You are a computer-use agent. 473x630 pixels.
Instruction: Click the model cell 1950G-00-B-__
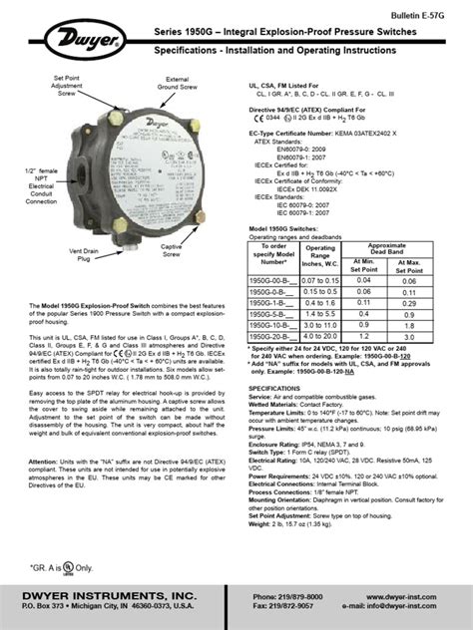[x=272, y=282]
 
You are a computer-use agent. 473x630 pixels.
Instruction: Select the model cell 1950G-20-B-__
[x=272, y=336]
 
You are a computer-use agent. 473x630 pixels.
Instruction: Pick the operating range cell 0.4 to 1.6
[x=314, y=304]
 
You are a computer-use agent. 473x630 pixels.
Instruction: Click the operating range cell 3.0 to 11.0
[x=314, y=325]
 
